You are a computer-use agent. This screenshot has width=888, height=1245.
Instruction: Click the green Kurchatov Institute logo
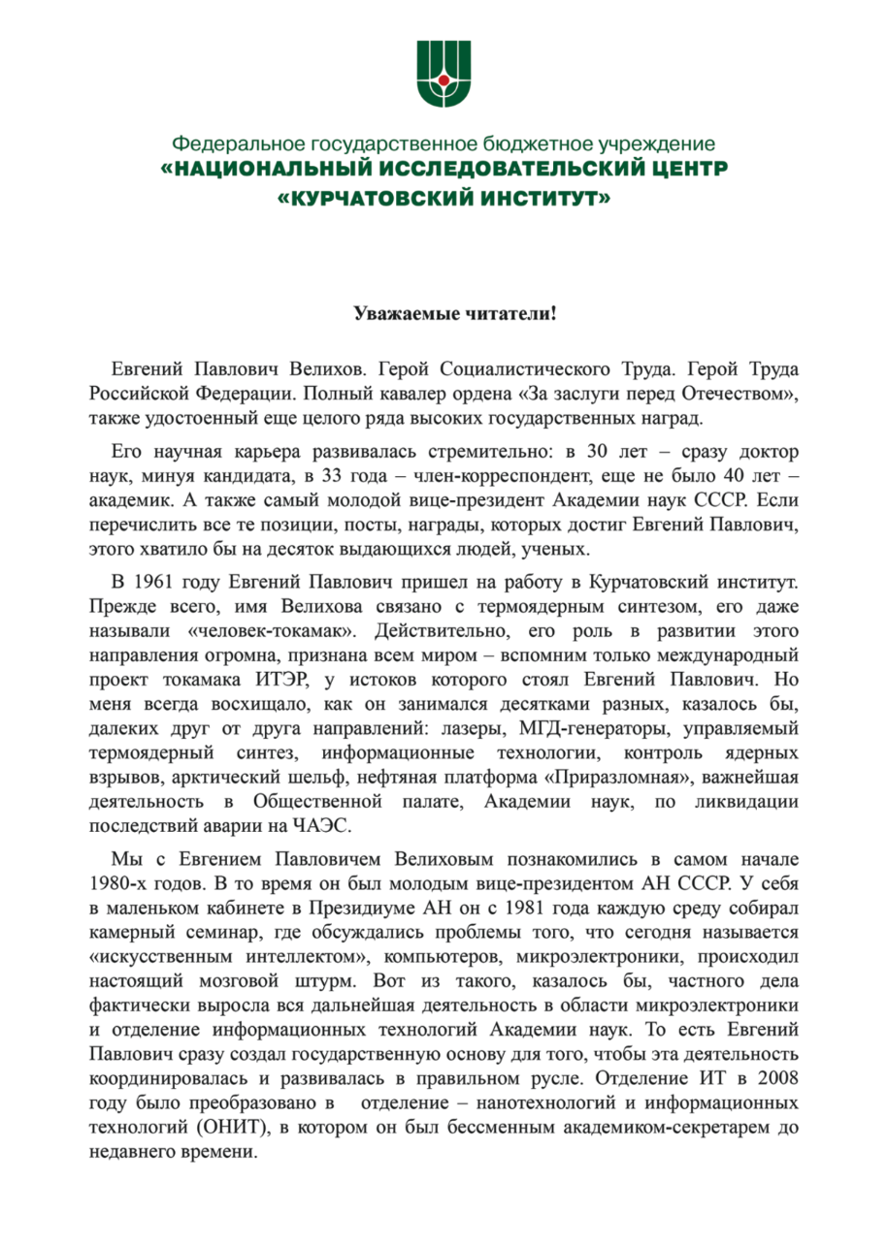click(444, 72)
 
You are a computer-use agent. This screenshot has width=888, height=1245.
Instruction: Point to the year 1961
click(158, 583)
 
